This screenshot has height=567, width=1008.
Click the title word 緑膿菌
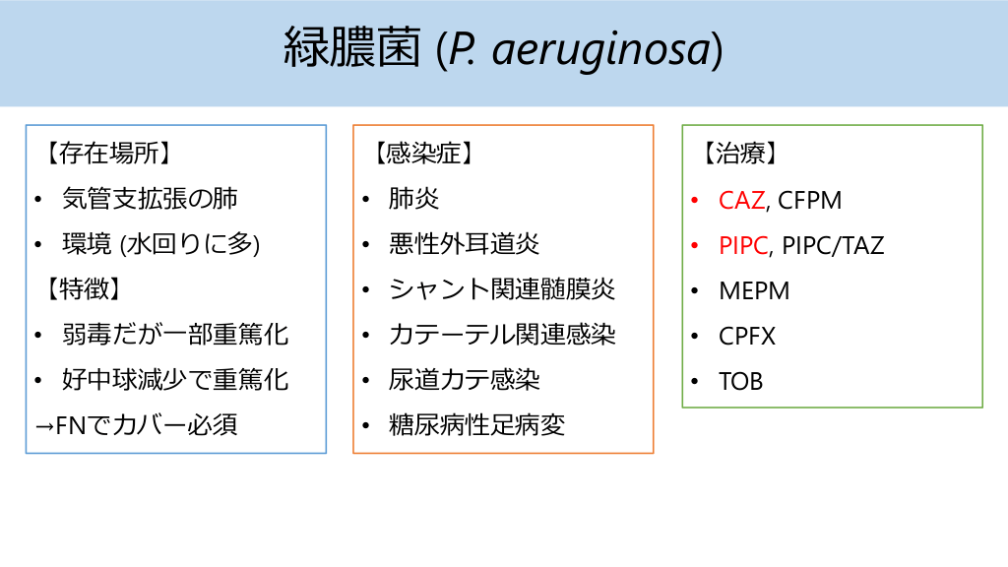pyautogui.click(x=352, y=47)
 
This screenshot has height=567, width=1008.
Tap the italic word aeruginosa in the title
pyautogui.click(x=601, y=50)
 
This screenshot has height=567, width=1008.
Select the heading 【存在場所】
pyautogui.click(x=108, y=154)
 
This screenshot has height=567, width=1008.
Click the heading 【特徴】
pyautogui.click(x=83, y=289)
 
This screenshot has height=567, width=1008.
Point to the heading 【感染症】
pyautogui.click(x=423, y=154)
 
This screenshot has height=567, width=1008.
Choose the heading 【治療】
pyautogui.click(x=740, y=154)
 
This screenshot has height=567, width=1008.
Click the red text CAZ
pyautogui.click(x=742, y=201)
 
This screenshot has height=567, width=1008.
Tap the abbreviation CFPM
pyautogui.click(x=810, y=201)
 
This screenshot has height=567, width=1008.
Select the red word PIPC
pyautogui.click(x=743, y=245)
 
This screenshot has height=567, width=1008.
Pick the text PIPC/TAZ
pyautogui.click(x=833, y=245)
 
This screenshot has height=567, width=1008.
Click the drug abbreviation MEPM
pyautogui.click(x=754, y=291)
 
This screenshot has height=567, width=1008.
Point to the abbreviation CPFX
pyautogui.click(x=747, y=337)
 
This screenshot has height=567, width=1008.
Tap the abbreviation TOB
pyautogui.click(x=740, y=382)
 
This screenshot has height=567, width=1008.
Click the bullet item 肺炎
pyautogui.click(x=414, y=199)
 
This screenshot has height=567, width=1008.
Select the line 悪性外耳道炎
pyautogui.click(x=465, y=244)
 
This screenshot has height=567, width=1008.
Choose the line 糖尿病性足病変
pyautogui.click(x=477, y=425)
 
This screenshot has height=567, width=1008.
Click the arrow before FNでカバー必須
pyautogui.click(x=45, y=426)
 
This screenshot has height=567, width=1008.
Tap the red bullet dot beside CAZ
pyautogui.click(x=695, y=201)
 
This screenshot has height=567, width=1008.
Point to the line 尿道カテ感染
pyautogui.click(x=465, y=380)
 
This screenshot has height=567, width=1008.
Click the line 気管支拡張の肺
pyautogui.click(x=150, y=199)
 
